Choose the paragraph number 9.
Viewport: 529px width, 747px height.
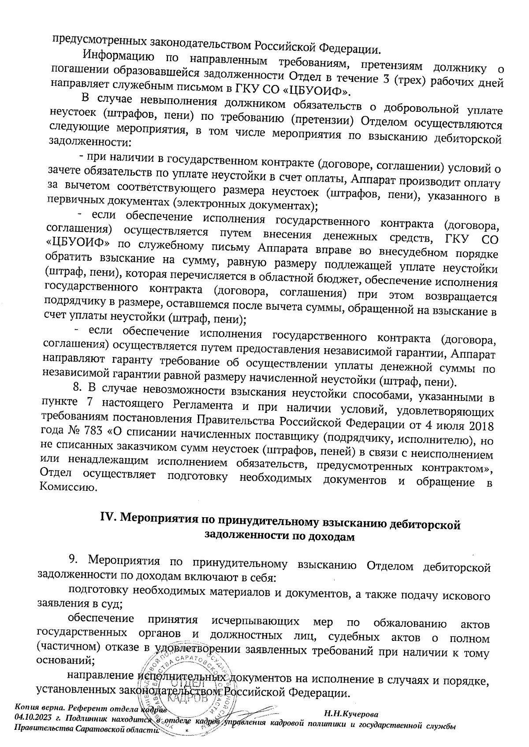click(73, 559)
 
